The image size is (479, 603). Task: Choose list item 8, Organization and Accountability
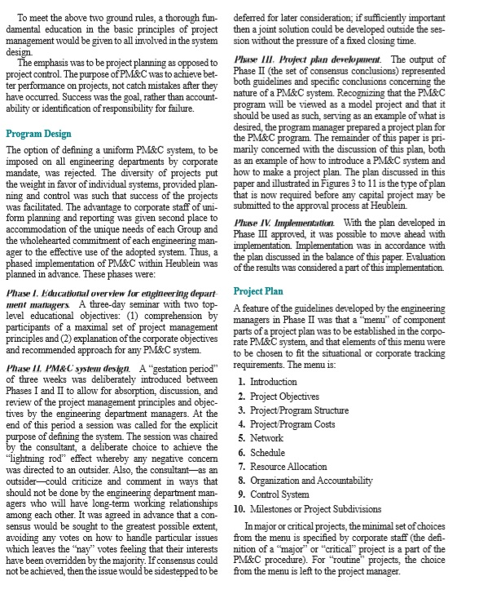[x=315, y=480]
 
